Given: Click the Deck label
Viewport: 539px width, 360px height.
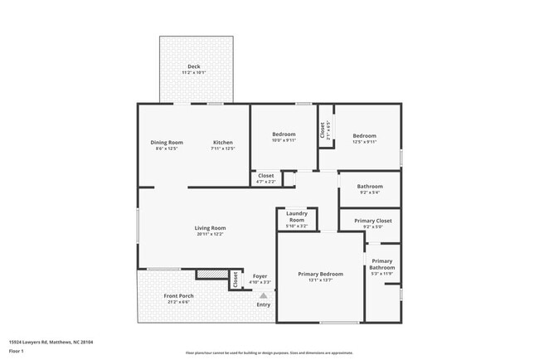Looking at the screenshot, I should tap(194, 66).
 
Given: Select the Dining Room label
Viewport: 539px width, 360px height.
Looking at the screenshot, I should tap(167, 142).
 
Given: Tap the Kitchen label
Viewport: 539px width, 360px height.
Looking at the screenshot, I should tap(223, 142).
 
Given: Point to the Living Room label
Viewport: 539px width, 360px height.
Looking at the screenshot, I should tap(210, 228).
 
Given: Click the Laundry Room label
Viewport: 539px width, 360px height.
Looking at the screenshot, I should tap(297, 216).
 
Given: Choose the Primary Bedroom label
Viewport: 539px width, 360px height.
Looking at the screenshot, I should tap(320, 274).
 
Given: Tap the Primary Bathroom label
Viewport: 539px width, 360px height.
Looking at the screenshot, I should tap(382, 265).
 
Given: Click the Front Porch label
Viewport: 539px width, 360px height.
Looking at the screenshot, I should tap(179, 296).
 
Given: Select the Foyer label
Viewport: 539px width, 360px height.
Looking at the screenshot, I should tap(260, 277).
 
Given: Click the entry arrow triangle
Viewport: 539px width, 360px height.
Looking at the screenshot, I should tap(264, 294).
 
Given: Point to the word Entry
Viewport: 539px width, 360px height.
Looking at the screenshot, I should tap(264, 305).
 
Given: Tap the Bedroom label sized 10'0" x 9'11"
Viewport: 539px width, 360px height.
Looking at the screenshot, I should tap(284, 135).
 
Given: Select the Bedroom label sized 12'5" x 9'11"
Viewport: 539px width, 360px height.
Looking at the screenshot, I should tap(364, 136).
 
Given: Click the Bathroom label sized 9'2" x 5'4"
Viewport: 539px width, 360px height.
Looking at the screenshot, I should tap(369, 187).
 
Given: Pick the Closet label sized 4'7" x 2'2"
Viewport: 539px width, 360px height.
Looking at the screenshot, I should tap(266, 176).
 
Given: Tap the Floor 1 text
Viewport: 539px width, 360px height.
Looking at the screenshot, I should tap(17, 351).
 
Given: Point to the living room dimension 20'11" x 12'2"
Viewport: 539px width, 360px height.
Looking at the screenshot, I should tap(210, 234).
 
